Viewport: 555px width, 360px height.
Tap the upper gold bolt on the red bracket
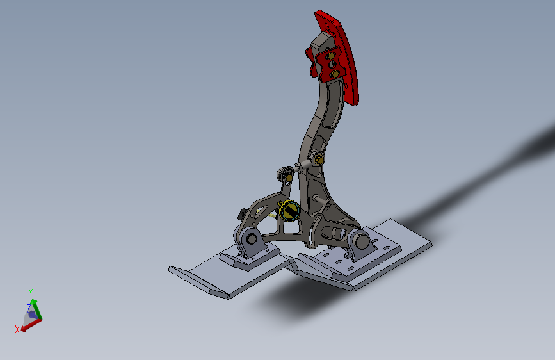[330, 56]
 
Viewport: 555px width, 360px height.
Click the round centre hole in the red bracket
[332, 65]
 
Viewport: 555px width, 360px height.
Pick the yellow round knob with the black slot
[289, 211]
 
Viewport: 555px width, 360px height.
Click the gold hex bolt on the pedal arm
[319, 159]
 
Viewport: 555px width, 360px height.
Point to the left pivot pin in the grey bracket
[252, 239]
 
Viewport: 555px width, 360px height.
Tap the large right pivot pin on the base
[361, 240]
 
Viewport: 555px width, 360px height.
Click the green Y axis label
[31, 292]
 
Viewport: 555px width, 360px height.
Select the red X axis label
[17, 329]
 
